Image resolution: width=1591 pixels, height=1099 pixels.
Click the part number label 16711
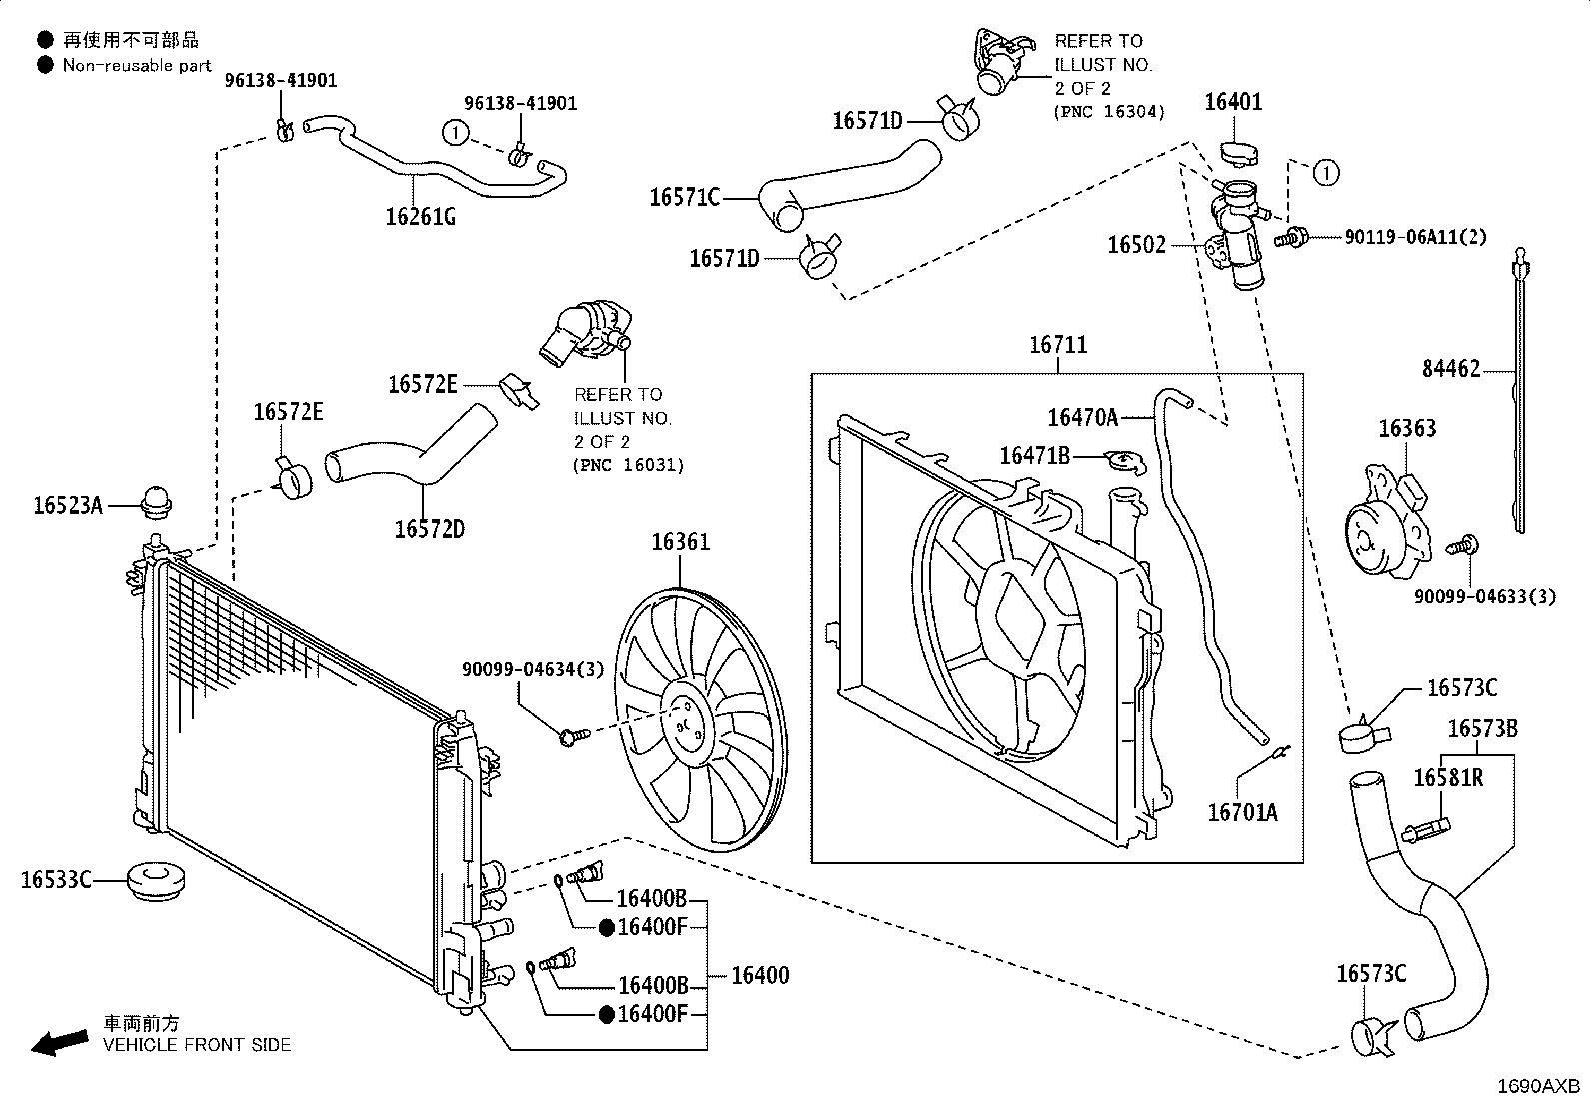tap(1058, 345)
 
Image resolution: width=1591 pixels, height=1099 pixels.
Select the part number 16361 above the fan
tap(680, 542)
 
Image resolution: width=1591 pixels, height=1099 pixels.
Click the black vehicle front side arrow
tap(60, 1042)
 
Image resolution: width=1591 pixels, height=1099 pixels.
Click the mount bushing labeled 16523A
tap(156, 502)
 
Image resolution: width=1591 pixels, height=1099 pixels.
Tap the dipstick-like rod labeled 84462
tap(1519, 390)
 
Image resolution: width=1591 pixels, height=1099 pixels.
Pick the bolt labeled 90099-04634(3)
tap(574, 736)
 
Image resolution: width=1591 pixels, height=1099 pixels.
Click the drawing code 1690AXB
tap(1538, 1086)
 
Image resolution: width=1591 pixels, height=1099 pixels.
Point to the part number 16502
tap(1136, 245)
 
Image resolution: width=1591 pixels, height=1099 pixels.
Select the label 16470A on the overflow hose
tap(1082, 418)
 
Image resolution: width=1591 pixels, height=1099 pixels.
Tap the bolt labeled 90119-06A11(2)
tap(1290, 237)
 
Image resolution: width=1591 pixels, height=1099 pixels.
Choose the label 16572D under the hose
tap(429, 530)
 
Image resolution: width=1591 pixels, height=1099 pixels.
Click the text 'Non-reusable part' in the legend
tap(137, 65)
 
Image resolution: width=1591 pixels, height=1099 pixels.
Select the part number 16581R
tap(1447, 778)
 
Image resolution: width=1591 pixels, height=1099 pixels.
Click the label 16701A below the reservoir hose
tap(1242, 813)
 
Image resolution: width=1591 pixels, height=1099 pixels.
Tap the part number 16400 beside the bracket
tap(760, 975)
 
